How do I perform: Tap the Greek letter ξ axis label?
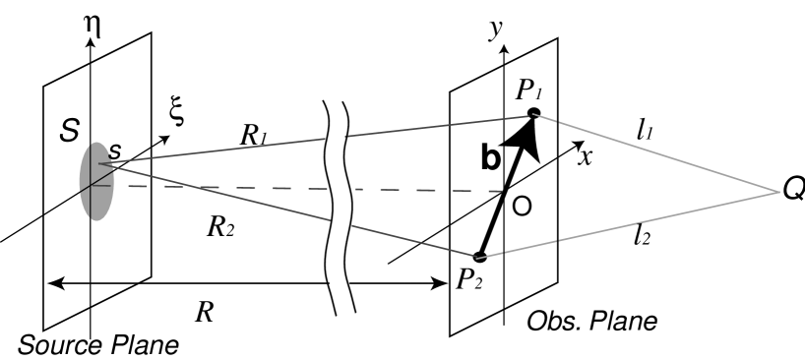[177, 114]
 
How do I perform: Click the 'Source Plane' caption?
[98, 345]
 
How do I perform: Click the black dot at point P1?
[533, 112]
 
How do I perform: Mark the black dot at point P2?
[479, 258]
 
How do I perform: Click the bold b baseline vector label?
[492, 161]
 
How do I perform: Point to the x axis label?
[584, 155]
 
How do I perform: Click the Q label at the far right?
[793, 191]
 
